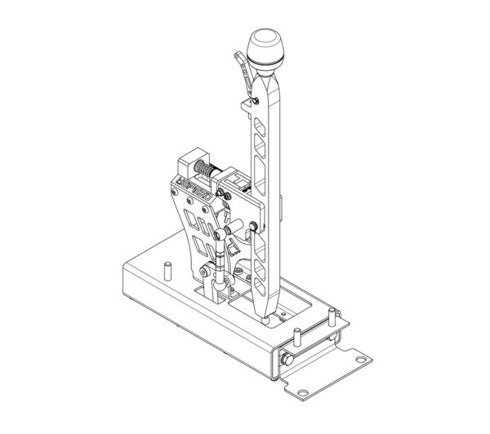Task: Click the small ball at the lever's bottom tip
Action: coord(270,321)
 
